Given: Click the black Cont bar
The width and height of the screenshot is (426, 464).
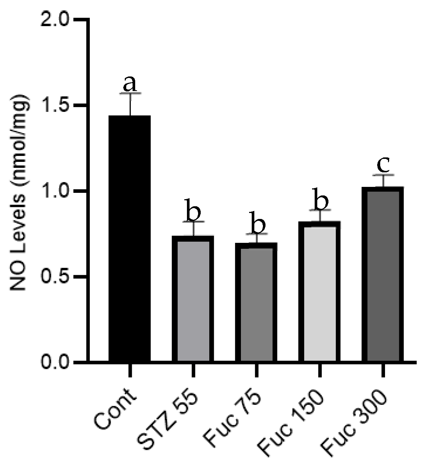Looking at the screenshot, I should click(x=130, y=239).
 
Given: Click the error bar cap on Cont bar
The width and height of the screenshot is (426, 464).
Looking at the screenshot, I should click(x=130, y=93).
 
